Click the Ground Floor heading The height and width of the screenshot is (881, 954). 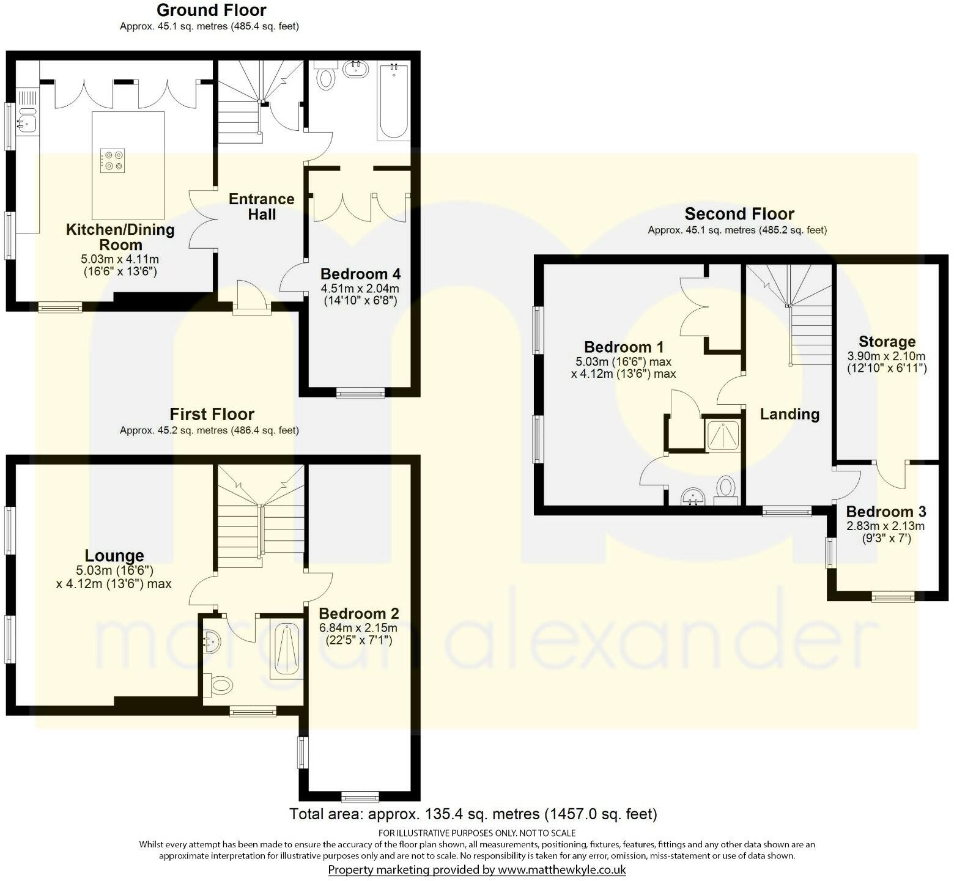coord(211,10)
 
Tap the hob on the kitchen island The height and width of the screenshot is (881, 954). coord(112,161)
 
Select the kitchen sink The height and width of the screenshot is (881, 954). coord(27,120)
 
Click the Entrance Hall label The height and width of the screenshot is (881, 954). coord(261,207)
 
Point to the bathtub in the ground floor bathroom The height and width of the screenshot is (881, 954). coord(393,101)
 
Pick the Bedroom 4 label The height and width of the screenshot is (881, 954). coord(360,274)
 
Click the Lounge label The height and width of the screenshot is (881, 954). coord(114,556)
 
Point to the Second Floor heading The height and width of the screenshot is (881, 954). coord(739,214)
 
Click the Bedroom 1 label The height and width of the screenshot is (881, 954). coord(623,347)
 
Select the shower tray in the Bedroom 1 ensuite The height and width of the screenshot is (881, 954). coord(723,434)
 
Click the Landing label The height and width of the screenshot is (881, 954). coord(789,414)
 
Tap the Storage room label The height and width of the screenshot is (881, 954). coord(887,342)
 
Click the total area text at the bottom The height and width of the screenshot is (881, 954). coord(473,814)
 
